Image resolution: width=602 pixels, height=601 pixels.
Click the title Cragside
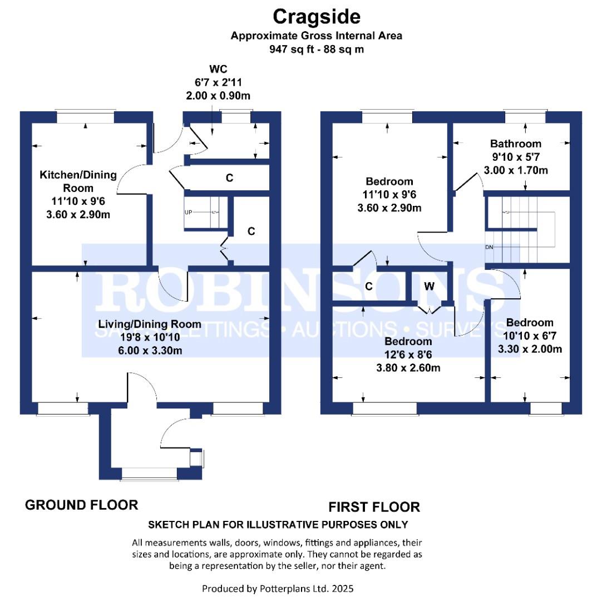[317, 17]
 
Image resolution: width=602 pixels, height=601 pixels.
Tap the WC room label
[218, 69]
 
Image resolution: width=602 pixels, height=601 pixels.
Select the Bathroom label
[516, 144]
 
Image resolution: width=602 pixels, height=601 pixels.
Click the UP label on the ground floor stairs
[188, 213]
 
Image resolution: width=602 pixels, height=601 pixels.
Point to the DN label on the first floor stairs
[489, 247]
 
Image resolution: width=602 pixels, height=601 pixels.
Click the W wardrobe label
[429, 286]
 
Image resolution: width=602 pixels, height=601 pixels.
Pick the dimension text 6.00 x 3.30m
[150, 350]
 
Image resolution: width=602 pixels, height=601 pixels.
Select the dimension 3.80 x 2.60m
[408, 367]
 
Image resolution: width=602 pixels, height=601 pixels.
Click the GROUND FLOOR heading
[81, 505]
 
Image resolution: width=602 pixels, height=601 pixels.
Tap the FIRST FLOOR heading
[374, 507]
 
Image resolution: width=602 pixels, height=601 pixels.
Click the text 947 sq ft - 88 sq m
[317, 49]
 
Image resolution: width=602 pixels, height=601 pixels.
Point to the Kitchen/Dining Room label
[78, 181]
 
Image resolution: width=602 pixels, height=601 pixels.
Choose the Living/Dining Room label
[150, 324]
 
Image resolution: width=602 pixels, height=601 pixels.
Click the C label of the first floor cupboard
[369, 286]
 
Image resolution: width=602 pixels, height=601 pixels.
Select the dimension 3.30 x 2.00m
[530, 349]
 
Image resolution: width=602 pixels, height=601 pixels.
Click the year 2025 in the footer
[343, 588]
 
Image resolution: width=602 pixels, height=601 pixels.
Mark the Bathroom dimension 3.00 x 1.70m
[516, 170]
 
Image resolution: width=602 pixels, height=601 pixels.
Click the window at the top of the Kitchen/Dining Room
[85, 117]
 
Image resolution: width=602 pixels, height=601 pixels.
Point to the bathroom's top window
[525, 117]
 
